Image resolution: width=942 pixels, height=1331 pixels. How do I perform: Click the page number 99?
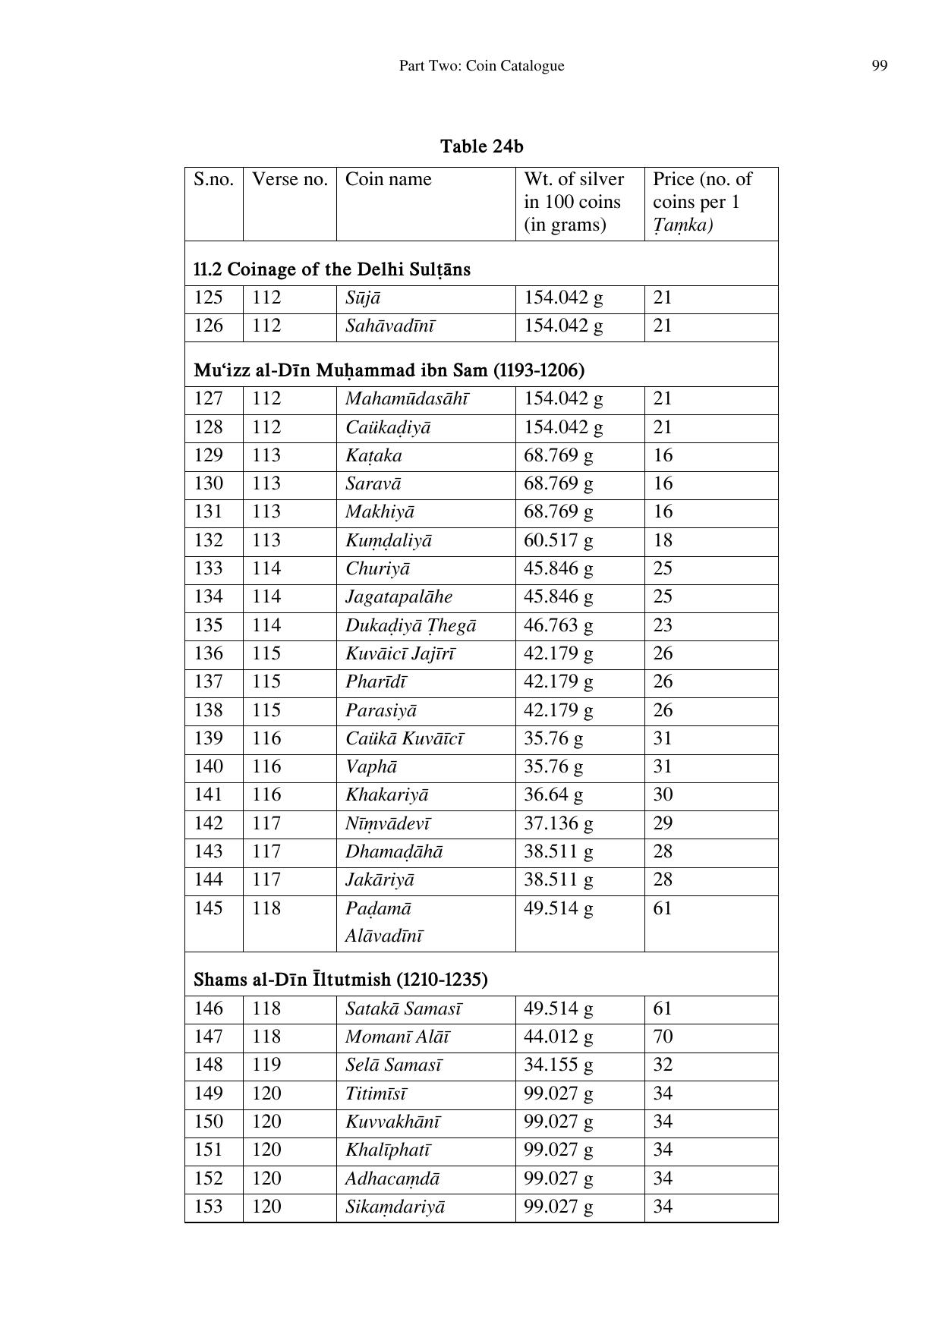coord(879,66)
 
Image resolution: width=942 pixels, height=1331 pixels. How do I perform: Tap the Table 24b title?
coord(482,146)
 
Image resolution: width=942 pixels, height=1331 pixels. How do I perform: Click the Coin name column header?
coord(388,179)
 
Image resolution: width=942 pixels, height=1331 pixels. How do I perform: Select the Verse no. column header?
coord(289,179)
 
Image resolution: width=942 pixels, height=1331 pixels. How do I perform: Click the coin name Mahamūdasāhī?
coord(407,399)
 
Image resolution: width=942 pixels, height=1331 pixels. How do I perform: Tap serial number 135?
coord(208,625)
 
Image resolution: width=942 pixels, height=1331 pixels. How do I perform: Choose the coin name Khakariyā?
coord(386,795)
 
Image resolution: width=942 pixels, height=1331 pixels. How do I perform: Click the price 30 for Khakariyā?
coord(663,795)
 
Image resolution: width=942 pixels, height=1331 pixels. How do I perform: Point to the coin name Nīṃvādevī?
coord(388,823)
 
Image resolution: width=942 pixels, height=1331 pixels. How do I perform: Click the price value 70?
coord(663,1037)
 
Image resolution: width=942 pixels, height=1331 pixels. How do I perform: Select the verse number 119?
coord(266,1065)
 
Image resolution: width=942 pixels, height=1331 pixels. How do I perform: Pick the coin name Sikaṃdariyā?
coord(395,1207)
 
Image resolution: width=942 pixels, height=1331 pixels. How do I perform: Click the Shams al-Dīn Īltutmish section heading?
coord(340,979)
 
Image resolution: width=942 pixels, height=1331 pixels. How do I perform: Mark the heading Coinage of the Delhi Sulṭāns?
coord(332,269)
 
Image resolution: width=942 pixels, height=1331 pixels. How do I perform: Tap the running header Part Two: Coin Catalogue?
coord(481,66)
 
